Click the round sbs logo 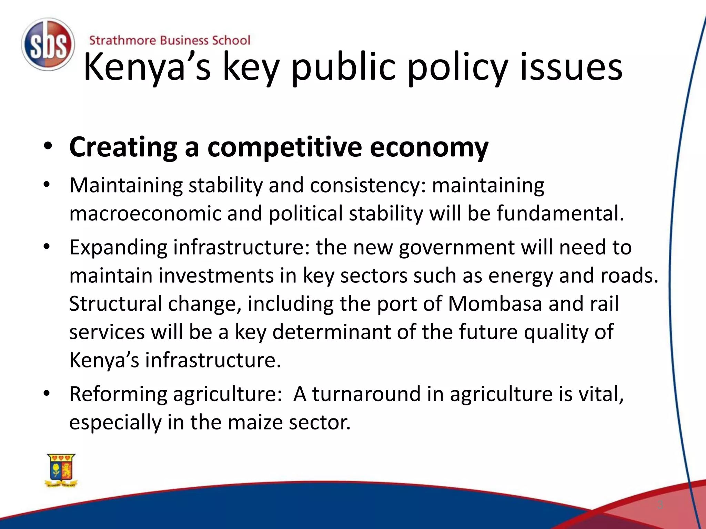[x=48, y=44]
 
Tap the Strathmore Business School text [x=170, y=40]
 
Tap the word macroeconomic [x=145, y=213]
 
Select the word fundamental [x=560, y=213]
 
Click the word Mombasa [x=495, y=304]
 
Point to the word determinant [x=331, y=332]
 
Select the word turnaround [x=366, y=394]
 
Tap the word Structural [x=115, y=304]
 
